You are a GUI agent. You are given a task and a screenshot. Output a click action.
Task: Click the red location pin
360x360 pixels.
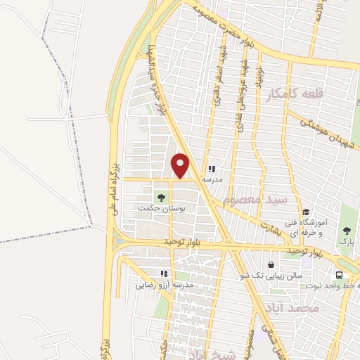point(181,165)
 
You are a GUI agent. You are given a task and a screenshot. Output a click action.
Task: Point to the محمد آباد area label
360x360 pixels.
point(293,308)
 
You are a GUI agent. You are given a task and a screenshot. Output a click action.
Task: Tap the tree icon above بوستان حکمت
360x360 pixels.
point(162,198)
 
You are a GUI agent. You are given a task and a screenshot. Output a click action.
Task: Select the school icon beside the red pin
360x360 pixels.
point(211,169)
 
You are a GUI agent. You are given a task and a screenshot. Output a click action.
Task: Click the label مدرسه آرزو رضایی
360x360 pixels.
point(165,285)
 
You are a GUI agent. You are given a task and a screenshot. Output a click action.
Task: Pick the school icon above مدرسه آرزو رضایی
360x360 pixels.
point(165,274)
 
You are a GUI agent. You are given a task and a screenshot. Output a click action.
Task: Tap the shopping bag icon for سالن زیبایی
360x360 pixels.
point(271,264)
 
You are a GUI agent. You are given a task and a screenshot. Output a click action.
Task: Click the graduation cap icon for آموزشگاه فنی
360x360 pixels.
point(306,212)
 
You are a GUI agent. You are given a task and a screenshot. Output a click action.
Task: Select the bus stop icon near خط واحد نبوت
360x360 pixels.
point(340,275)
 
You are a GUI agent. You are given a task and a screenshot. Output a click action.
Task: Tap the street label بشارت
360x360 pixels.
point(268,223)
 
